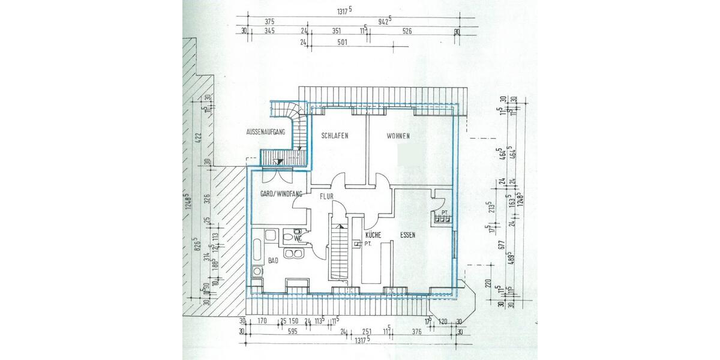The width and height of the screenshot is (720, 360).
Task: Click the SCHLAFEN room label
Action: [x=335, y=136]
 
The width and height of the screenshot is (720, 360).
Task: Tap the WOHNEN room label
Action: [x=398, y=136]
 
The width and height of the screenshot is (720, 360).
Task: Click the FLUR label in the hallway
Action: [x=326, y=196]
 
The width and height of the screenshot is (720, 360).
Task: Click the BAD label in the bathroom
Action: [x=274, y=262]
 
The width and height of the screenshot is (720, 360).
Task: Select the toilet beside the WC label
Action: [x=294, y=239]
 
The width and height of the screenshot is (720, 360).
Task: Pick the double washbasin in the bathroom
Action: [x=294, y=256]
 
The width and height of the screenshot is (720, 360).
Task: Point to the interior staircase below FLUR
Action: [x=339, y=252]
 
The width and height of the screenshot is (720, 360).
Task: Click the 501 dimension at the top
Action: [x=343, y=43]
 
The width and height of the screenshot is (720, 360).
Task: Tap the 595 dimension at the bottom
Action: [x=292, y=331]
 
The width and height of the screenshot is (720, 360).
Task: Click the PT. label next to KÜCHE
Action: [x=367, y=244]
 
